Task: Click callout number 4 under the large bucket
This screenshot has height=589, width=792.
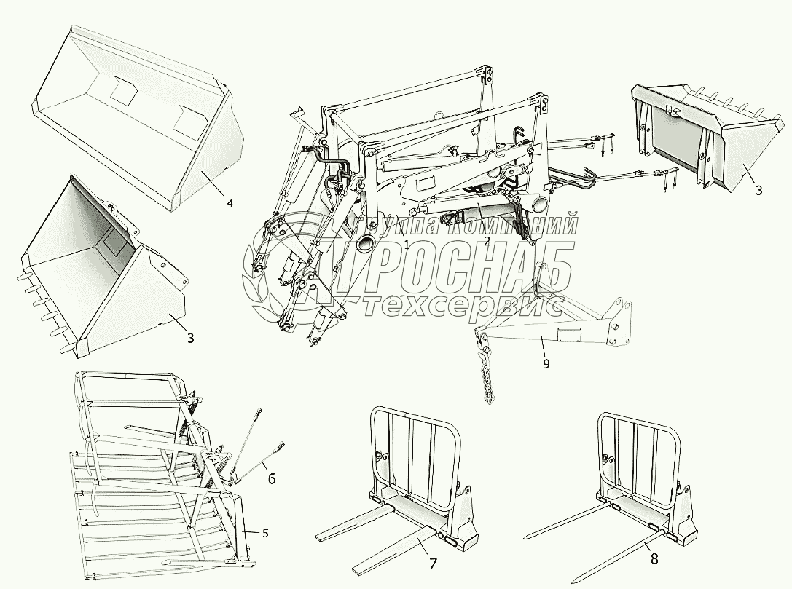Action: (230, 203)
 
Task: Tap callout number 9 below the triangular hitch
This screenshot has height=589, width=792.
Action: (546, 363)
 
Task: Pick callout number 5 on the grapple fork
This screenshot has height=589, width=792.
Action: (265, 534)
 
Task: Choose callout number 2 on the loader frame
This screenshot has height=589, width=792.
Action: (486, 241)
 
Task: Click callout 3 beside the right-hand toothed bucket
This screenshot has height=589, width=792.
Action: (758, 190)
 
